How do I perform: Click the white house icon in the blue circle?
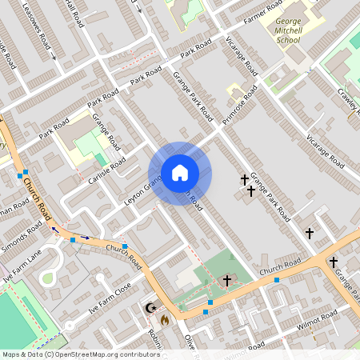[179, 173]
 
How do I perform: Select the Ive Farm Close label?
[110, 299]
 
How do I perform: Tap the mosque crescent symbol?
[148, 307]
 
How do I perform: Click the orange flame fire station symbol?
[164, 319]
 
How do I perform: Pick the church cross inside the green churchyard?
[227, 280]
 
